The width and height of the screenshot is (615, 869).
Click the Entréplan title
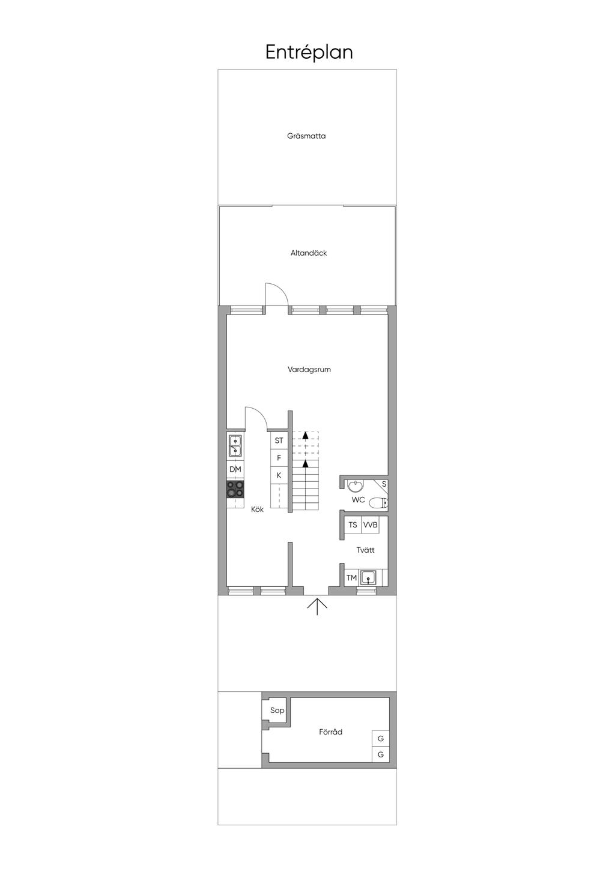(x=309, y=53)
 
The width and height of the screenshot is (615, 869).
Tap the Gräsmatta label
(x=306, y=136)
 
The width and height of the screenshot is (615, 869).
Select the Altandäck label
(x=309, y=253)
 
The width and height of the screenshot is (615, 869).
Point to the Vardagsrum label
(x=309, y=370)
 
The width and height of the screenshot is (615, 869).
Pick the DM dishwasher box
(x=235, y=469)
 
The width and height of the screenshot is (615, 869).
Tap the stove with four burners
(x=235, y=489)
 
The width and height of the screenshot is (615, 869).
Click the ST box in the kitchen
(x=279, y=441)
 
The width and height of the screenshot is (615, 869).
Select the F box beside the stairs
(x=279, y=458)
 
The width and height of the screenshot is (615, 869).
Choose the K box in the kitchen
(x=279, y=475)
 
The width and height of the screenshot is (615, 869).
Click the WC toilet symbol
(x=378, y=503)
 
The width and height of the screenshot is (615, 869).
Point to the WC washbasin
(x=356, y=485)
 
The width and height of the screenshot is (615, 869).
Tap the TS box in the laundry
(x=353, y=525)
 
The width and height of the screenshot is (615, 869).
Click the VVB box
(x=371, y=525)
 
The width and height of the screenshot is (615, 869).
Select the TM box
(x=351, y=578)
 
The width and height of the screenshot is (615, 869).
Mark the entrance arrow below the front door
(x=317, y=606)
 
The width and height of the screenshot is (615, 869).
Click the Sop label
(x=277, y=711)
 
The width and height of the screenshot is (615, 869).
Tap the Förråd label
(x=330, y=732)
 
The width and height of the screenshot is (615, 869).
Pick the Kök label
(x=257, y=510)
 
